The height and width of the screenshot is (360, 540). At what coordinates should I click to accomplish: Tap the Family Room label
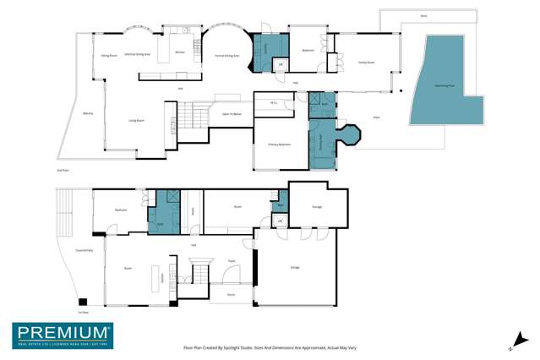point(365,63)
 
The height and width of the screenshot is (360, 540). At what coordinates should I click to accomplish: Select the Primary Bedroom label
point(280,145)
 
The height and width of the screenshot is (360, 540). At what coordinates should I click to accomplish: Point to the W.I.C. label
point(275,103)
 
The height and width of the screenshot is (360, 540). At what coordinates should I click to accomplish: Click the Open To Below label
point(232,113)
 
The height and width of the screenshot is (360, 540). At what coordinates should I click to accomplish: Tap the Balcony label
point(87,112)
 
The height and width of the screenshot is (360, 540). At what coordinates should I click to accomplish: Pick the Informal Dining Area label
point(137,54)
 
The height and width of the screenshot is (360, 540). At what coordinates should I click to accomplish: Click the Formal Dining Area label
point(227,55)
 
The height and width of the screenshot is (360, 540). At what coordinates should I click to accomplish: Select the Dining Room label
point(109,55)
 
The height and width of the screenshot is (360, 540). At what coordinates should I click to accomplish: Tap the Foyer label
point(231,261)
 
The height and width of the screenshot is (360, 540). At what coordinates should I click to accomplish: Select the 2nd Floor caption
point(62,171)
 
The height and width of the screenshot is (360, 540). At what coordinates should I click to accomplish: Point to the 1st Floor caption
point(83,313)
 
